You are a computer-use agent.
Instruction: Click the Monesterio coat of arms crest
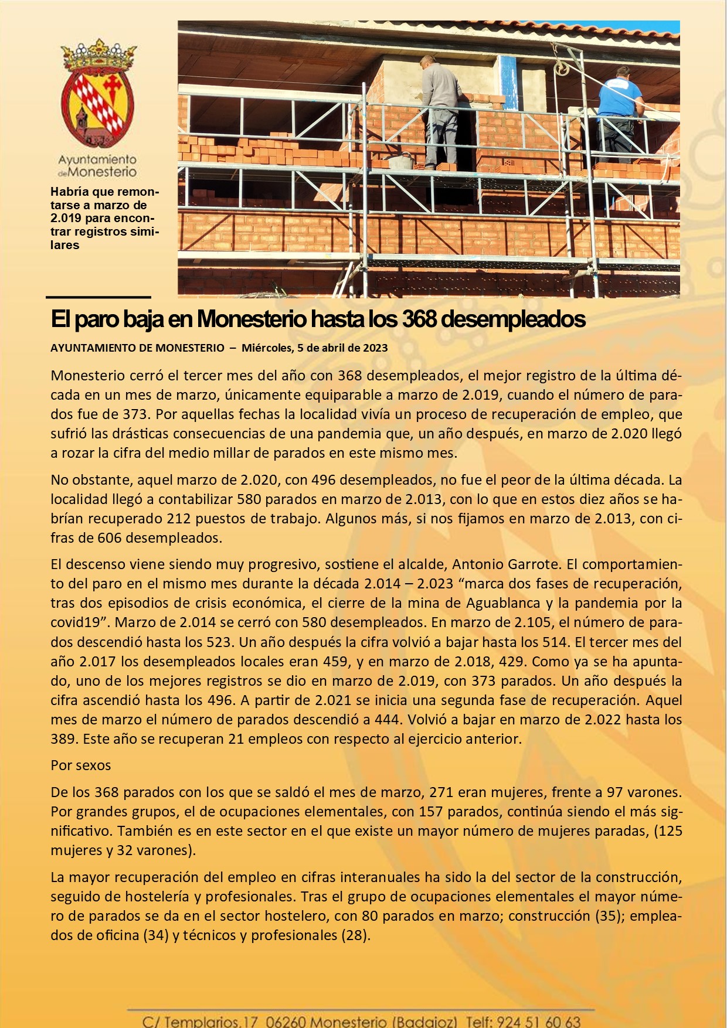click(98, 94)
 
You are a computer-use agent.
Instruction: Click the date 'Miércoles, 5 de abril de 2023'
click(315, 348)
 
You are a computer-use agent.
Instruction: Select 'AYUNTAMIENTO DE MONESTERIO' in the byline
click(137, 348)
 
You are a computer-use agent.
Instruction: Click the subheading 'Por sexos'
click(80, 765)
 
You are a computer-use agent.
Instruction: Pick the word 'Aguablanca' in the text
click(502, 603)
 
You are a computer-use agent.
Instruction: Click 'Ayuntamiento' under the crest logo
click(97, 159)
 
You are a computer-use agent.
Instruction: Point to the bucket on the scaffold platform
click(400, 162)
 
